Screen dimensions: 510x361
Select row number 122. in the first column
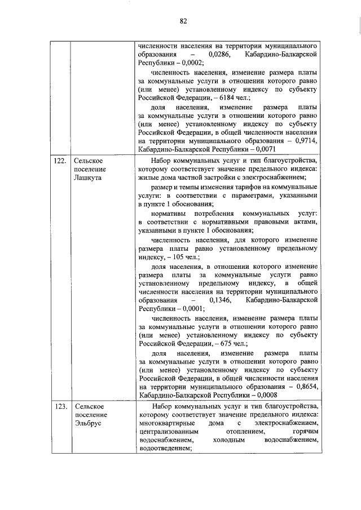[x=60, y=161]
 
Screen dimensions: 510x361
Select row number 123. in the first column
[x=60, y=406]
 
